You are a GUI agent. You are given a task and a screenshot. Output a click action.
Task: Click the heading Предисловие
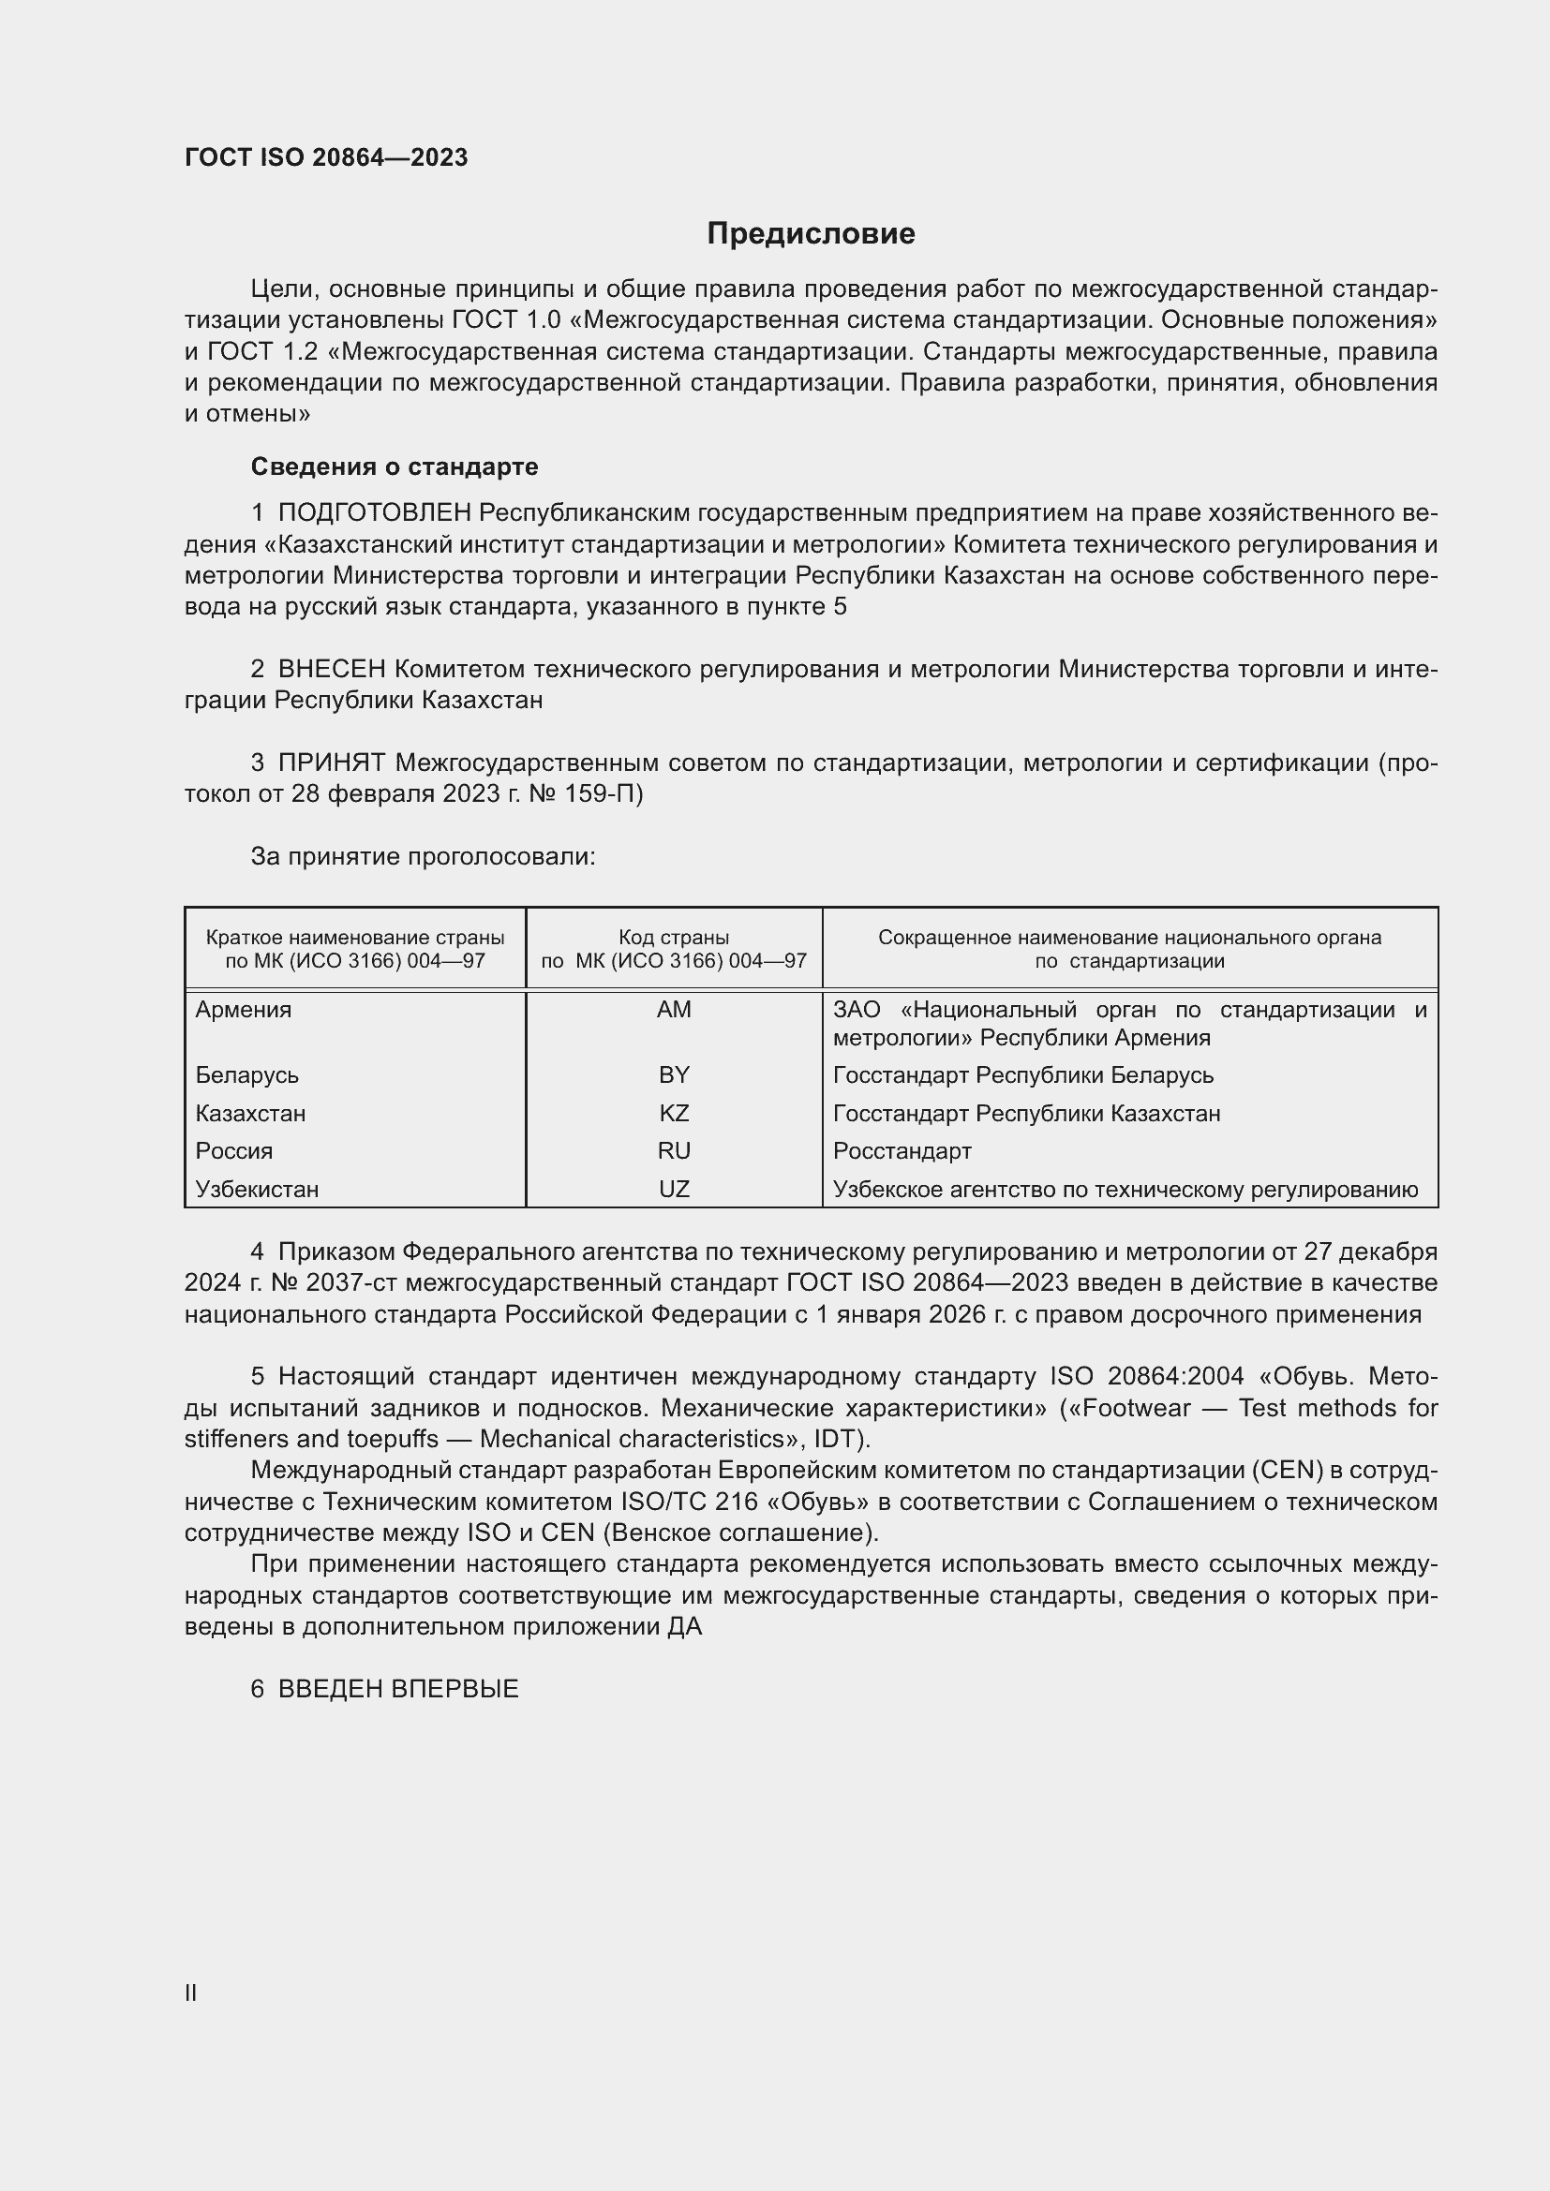[x=811, y=233]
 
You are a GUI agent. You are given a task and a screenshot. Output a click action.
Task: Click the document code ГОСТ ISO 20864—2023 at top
[x=326, y=157]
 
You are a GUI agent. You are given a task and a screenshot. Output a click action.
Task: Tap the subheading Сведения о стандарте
[x=395, y=466]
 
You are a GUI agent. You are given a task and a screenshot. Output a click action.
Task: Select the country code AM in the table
[x=674, y=1010]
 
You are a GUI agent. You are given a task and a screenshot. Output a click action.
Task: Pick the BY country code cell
[x=674, y=1074]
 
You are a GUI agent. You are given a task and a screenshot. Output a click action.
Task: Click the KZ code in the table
[x=674, y=1113]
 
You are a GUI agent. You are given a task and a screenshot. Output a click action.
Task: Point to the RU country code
[x=674, y=1151]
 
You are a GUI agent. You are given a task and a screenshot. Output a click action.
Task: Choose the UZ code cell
[x=674, y=1189]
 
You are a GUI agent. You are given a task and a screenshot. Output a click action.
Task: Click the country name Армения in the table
[x=244, y=1010]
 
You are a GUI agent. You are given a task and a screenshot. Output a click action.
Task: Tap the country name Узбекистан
[x=257, y=1189]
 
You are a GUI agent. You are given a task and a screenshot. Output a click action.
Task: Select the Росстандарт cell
[x=902, y=1151]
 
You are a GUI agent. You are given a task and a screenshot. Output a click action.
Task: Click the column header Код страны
[x=674, y=938]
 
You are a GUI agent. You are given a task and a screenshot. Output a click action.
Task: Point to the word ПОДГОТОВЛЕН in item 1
[x=375, y=513]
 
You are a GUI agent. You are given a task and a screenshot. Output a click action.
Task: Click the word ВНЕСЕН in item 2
[x=332, y=670]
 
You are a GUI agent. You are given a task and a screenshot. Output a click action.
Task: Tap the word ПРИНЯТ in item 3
[x=332, y=763]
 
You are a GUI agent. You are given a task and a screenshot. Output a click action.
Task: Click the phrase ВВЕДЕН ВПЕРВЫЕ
[x=398, y=1689]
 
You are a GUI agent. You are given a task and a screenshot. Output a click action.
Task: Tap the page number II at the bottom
[x=191, y=1993]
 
